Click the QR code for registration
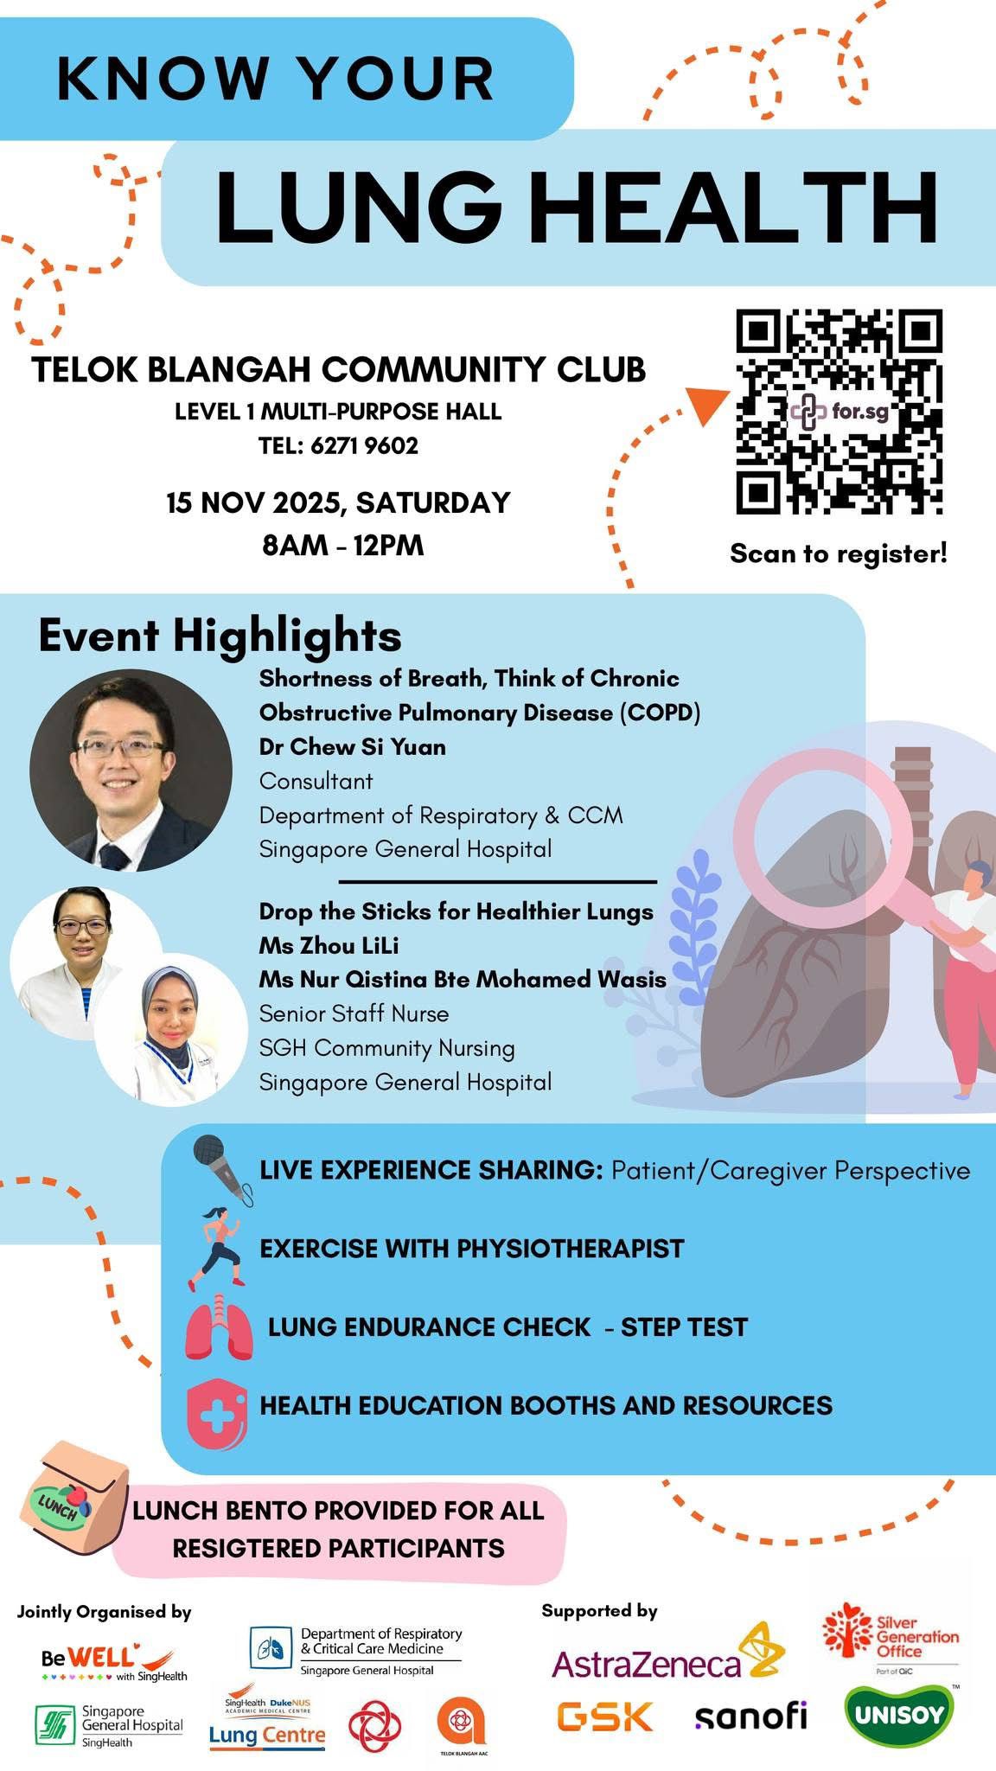(839, 412)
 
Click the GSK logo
(604, 1717)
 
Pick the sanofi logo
(750, 1716)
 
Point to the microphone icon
(222, 1168)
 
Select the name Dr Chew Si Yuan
(353, 746)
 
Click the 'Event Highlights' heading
(220, 636)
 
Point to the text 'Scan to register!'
(839, 553)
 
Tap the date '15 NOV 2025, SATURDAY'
(339, 503)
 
